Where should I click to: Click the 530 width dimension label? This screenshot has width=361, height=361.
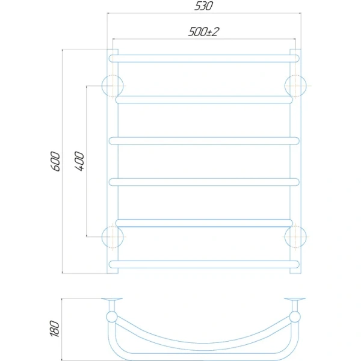(203, 6)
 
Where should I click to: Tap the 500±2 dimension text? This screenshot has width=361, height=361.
(203, 32)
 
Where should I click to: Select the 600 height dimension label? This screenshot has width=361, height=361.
(55, 161)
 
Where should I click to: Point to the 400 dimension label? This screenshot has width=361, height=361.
(79, 161)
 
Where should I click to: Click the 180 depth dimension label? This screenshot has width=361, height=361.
(55, 329)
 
